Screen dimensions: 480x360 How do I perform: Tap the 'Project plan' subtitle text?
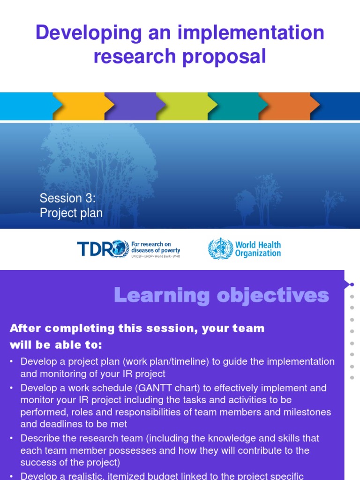coord(71,213)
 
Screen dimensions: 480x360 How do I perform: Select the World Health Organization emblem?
coord(220,248)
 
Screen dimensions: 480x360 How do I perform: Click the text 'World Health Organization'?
coord(258,249)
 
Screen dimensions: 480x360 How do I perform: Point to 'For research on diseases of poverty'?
coord(155,247)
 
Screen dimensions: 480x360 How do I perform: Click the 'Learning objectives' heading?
coord(221,295)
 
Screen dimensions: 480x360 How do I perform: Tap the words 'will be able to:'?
coord(56,345)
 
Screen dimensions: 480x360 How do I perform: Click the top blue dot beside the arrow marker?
coord(352,285)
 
